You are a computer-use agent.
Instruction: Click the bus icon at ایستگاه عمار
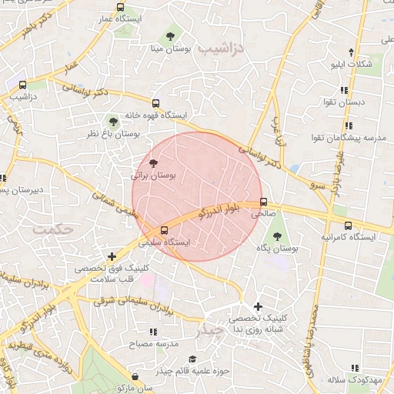click(119, 7)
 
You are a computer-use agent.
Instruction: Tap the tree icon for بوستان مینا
click(169, 35)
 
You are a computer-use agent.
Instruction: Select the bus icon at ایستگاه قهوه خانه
click(156, 103)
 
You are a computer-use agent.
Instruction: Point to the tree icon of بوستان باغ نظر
click(113, 121)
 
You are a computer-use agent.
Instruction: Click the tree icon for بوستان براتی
click(153, 163)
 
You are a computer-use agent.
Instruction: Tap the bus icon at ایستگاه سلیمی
click(163, 229)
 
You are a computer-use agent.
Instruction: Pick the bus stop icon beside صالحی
click(264, 203)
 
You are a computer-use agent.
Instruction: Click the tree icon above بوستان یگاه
click(276, 236)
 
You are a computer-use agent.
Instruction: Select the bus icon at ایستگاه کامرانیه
click(349, 225)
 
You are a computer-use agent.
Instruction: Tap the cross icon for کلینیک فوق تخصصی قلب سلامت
click(112, 256)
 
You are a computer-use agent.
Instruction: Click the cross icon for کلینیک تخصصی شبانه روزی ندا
click(258, 306)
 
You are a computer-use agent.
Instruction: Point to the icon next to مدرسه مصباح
click(152, 332)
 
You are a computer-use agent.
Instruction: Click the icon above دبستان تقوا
click(350, 88)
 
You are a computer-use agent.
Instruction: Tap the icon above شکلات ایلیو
click(351, 52)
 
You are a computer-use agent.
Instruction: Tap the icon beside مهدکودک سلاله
click(353, 368)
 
